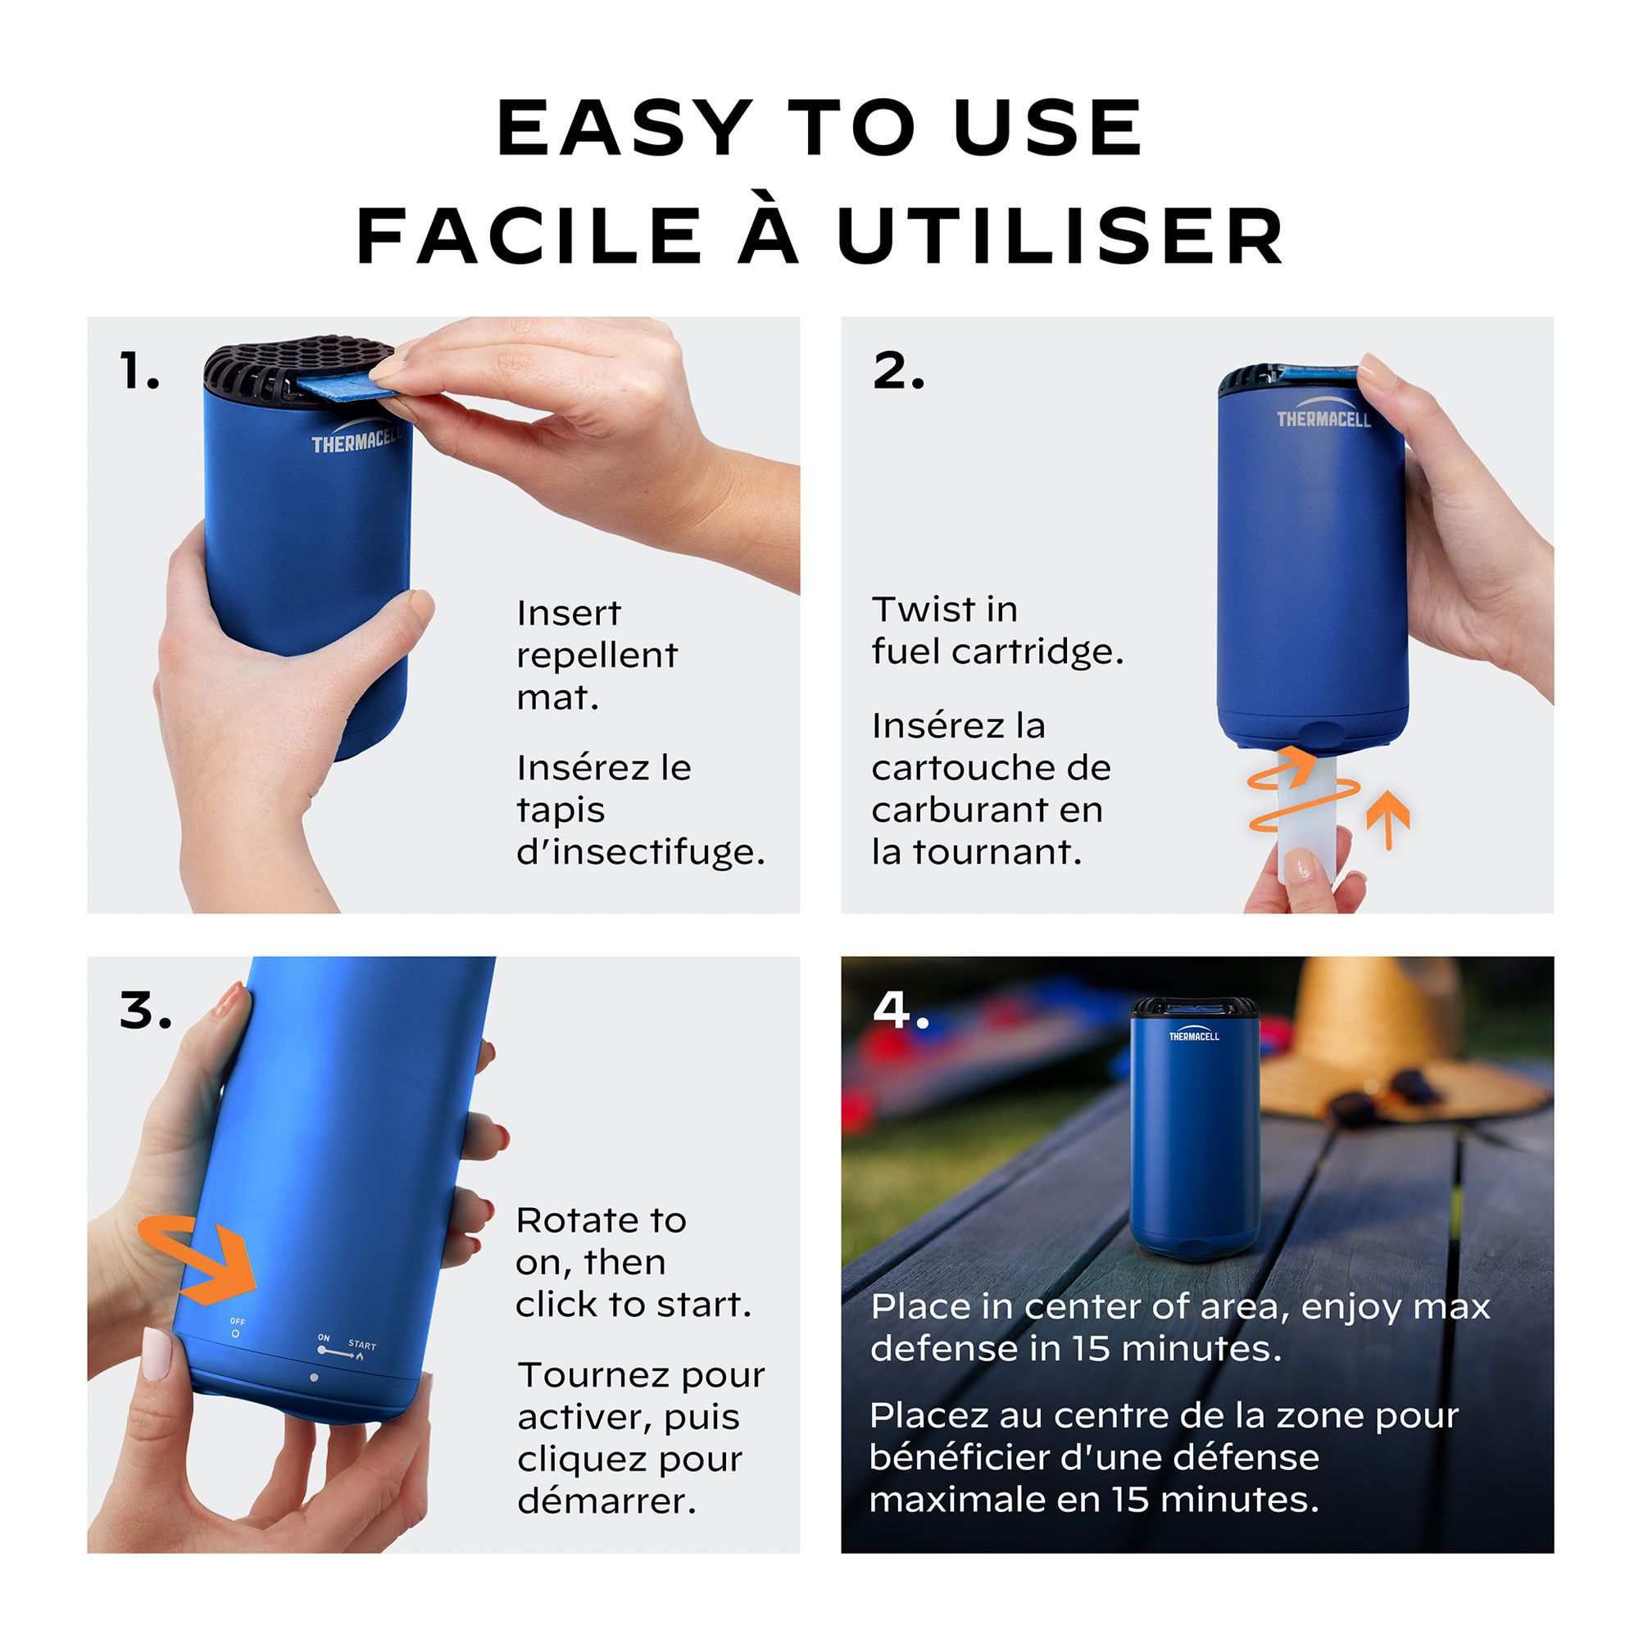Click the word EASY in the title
pos(624,129)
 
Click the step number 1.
pos(139,371)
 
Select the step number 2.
pos(897,371)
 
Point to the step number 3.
pos(145,1011)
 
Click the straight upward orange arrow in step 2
pos(1388,819)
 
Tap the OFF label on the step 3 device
pos(238,1322)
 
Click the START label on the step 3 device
pos(361,1346)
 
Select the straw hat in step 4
pos(1392,1043)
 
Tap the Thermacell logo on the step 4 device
pos(1194,1036)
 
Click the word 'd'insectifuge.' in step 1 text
pos(641,851)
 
